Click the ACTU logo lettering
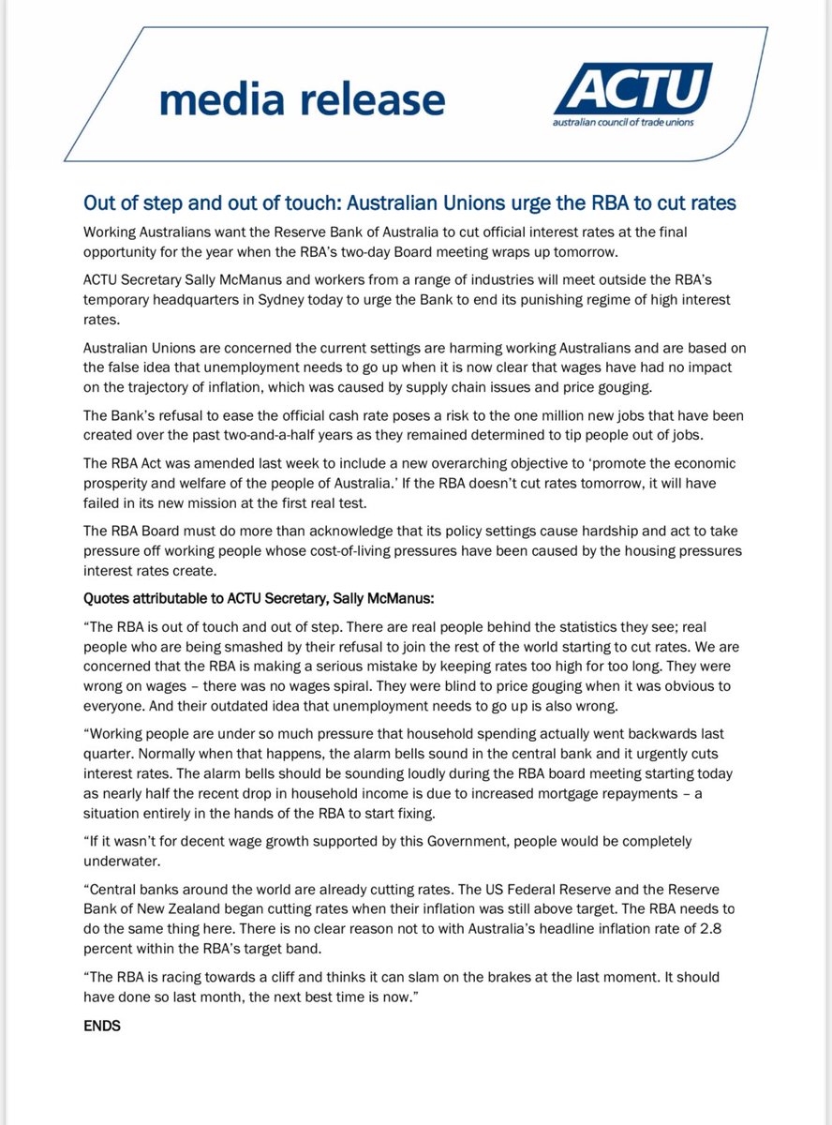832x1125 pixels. (x=632, y=92)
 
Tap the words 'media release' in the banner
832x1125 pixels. (x=302, y=99)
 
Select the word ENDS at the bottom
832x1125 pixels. (x=102, y=1026)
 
